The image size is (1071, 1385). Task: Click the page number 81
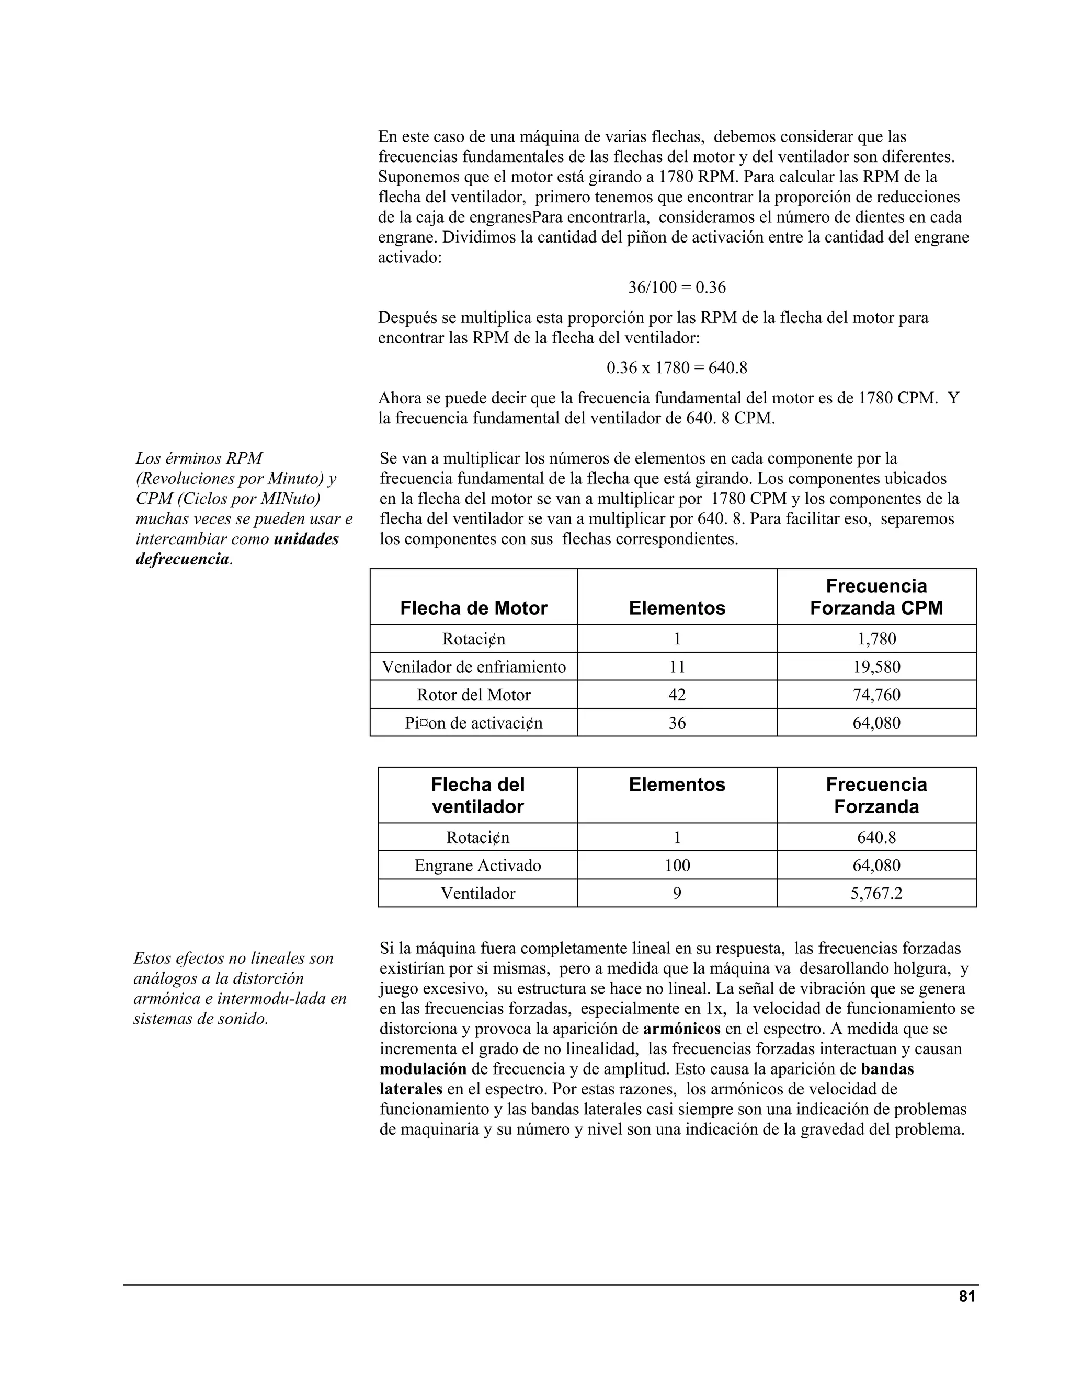967,1297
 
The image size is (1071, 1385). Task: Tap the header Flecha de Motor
473,608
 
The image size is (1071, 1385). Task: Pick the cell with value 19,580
876,666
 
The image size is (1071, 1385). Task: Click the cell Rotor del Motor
473,695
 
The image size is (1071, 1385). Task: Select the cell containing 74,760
876,695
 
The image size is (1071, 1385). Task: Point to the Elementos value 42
677,695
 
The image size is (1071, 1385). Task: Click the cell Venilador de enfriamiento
473,666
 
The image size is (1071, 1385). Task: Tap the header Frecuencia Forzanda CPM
876,597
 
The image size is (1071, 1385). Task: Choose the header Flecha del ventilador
478,795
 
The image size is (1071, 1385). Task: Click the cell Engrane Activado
478,865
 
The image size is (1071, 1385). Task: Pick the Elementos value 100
677,865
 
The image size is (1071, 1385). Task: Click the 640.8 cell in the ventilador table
876,838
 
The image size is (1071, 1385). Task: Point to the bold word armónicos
681,1029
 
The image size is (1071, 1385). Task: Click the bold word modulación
423,1069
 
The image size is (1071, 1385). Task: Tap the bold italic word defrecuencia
182,559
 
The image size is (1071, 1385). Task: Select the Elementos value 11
677,666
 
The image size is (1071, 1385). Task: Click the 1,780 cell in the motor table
876,639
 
